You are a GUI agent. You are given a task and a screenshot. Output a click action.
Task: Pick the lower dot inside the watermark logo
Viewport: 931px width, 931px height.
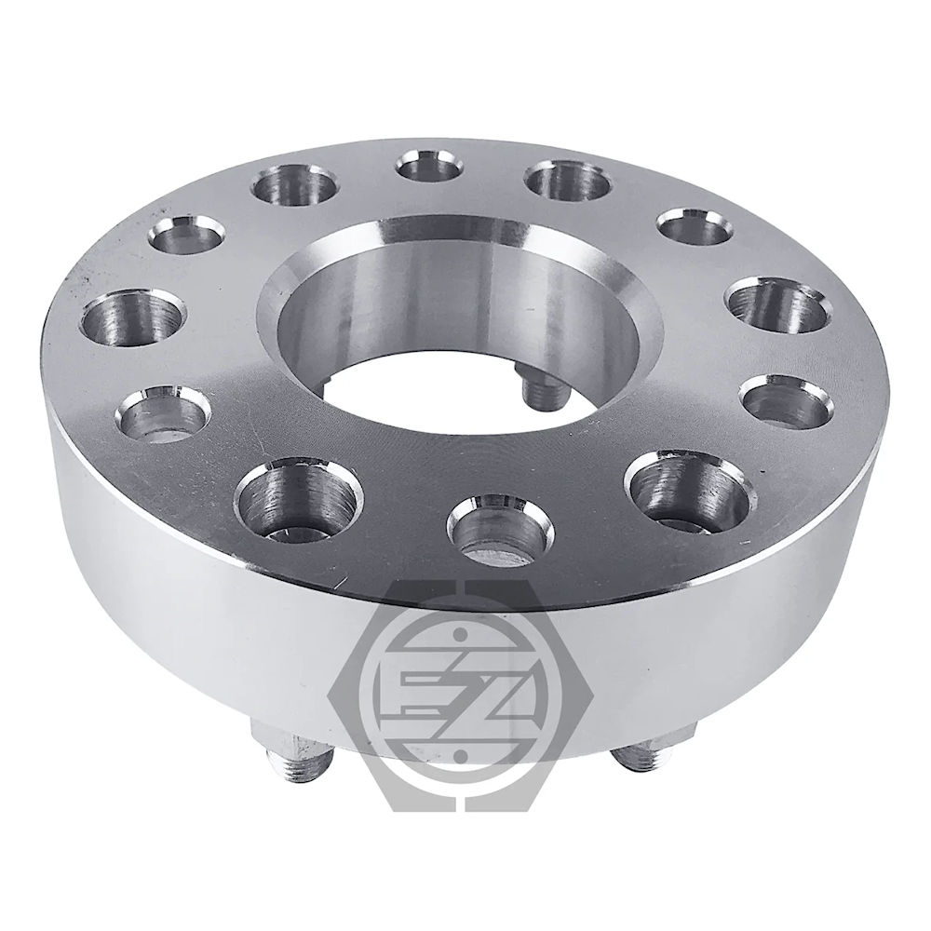[x=458, y=755]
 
